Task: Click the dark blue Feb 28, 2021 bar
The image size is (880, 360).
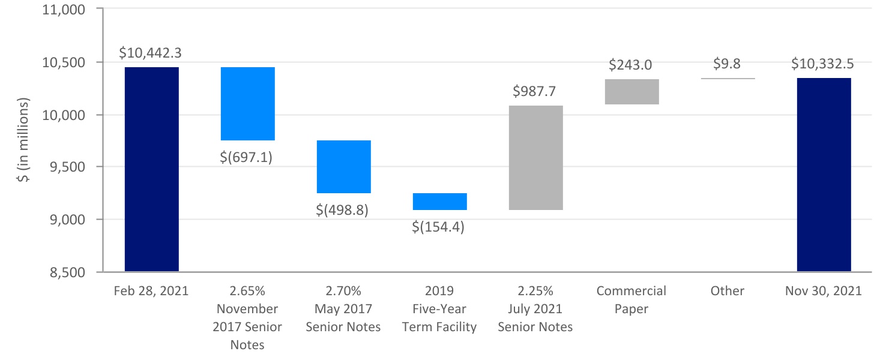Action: click(x=151, y=169)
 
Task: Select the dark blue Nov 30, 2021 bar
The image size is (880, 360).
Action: click(x=824, y=175)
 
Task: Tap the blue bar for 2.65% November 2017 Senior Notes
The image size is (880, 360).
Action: click(x=247, y=103)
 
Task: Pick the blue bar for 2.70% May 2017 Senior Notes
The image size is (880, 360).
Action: click(x=343, y=166)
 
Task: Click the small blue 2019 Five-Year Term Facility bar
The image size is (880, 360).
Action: click(x=439, y=201)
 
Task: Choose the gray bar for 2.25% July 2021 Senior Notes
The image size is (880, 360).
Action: click(x=535, y=157)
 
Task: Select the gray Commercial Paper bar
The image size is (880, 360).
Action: click(x=631, y=91)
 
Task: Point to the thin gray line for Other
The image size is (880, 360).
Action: click(x=728, y=78)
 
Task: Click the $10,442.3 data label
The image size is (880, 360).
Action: click(x=151, y=53)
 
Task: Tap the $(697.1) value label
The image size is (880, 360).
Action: click(x=247, y=159)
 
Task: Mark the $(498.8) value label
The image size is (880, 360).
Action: click(x=343, y=211)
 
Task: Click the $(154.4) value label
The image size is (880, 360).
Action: click(x=439, y=227)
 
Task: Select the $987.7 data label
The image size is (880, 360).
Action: click(x=535, y=91)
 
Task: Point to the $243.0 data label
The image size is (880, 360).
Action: click(x=631, y=65)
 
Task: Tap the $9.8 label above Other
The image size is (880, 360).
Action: click(x=728, y=64)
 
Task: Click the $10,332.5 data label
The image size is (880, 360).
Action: click(x=824, y=64)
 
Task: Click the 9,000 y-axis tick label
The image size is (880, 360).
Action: click(x=67, y=220)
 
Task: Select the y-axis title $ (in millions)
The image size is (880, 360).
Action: click(x=25, y=141)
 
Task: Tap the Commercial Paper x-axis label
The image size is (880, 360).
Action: click(x=631, y=299)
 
